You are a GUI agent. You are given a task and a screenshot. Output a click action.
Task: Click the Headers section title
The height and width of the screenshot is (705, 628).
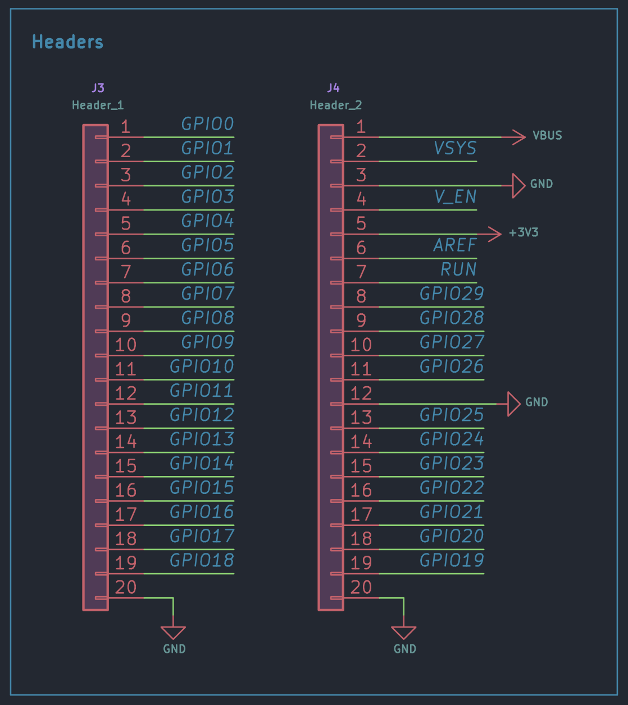coord(67,42)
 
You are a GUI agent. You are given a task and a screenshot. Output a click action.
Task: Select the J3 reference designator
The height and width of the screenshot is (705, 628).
coord(98,88)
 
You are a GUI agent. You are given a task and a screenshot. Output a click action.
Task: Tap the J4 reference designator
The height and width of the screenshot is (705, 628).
coord(333,88)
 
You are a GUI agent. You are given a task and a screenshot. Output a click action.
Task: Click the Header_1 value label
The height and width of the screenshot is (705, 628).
coord(98,105)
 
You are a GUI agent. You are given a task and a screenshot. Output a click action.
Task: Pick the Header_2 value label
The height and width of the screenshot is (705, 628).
coord(336,105)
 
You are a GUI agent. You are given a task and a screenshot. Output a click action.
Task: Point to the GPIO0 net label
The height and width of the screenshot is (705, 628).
coord(208,124)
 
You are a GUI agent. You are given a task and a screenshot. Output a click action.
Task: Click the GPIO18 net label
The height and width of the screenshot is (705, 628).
coord(202,560)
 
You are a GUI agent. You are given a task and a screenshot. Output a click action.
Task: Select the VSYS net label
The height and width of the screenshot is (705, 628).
coord(455,148)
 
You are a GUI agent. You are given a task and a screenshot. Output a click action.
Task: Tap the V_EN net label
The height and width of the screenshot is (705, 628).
coord(455,197)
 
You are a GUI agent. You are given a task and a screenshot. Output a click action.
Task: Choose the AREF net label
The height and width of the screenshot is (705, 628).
coord(455,245)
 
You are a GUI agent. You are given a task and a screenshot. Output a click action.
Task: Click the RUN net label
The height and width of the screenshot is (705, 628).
coord(458,269)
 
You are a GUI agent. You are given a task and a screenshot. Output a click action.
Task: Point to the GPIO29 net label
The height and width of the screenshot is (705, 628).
coord(452,294)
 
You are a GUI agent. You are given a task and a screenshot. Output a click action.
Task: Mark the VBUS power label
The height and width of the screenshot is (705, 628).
coord(547,135)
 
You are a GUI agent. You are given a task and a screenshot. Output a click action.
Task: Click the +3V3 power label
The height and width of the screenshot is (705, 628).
coord(524,232)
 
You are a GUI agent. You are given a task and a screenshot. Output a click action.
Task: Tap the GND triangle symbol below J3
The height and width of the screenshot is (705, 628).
coord(173,633)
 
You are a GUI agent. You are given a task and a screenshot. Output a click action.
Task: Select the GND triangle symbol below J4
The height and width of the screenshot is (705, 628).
coord(404,633)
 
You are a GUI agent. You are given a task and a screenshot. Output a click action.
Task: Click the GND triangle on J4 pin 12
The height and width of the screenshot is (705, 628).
coord(514,404)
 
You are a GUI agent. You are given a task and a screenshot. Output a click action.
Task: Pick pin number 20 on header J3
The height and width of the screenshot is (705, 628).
coord(126,587)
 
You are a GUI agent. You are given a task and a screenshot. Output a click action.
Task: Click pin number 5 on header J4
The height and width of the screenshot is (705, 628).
coord(361,223)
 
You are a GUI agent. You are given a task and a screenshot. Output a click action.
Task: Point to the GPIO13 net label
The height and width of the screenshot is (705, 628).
coord(202,439)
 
